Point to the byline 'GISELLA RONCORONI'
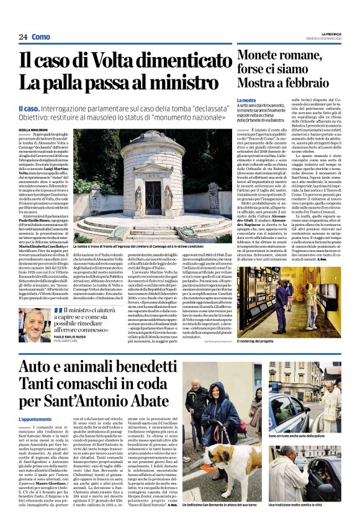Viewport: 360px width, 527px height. tap(35, 128)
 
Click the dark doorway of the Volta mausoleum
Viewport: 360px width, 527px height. tap(153, 192)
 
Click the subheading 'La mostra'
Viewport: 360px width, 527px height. tap(246, 100)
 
